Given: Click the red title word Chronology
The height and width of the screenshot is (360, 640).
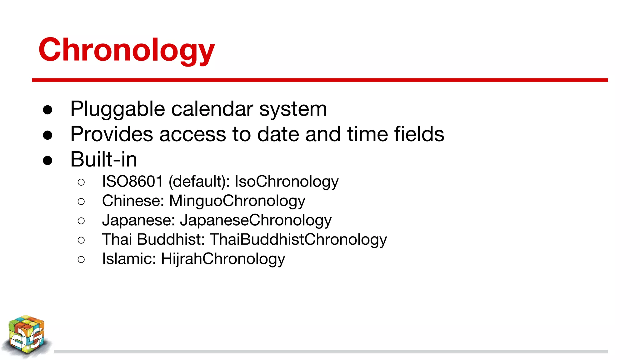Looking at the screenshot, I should [x=127, y=50].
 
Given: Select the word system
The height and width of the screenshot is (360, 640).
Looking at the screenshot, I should [x=293, y=109].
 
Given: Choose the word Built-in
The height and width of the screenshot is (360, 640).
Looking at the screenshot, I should [x=104, y=159].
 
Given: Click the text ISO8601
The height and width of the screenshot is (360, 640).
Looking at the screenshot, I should [x=132, y=182].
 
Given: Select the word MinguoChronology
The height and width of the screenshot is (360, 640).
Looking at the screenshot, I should [x=237, y=201].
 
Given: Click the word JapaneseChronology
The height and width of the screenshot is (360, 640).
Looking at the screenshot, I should [x=256, y=221].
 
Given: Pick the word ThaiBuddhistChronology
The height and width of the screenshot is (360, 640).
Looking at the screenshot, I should [x=298, y=240].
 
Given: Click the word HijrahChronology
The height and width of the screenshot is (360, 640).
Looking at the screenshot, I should [x=223, y=259].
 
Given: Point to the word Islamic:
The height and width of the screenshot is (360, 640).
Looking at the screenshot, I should [x=129, y=259].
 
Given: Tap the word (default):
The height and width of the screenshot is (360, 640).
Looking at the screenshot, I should [x=199, y=182].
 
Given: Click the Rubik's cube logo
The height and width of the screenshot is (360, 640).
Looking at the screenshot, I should [x=27, y=336].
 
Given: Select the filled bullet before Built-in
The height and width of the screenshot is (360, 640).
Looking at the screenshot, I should [x=47, y=161].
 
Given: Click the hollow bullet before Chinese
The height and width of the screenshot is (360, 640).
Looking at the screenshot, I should [x=81, y=202].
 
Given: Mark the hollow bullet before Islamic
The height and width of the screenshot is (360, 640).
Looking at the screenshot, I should [x=81, y=259].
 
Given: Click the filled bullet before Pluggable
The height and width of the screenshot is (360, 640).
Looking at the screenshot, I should [x=47, y=110].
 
